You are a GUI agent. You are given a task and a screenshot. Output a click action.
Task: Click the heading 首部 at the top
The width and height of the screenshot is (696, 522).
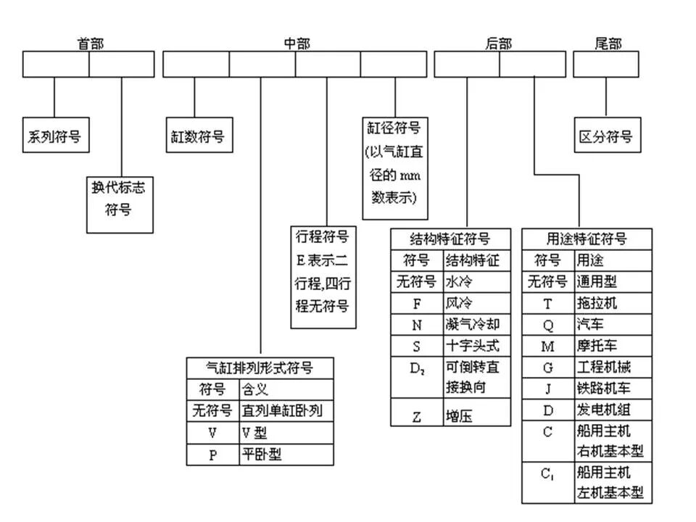[90, 43]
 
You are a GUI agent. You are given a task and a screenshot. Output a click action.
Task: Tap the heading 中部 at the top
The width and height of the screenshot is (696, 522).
[297, 43]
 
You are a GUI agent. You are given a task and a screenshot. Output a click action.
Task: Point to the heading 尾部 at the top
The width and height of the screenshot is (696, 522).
[608, 43]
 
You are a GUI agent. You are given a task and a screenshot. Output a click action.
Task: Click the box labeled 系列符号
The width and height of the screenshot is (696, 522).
[55, 136]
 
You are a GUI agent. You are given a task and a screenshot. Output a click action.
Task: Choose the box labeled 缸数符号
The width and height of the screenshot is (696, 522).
[198, 136]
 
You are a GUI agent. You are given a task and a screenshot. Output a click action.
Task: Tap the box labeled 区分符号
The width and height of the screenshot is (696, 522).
[606, 136]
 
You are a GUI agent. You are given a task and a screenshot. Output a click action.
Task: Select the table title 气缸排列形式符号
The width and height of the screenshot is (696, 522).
[260, 368]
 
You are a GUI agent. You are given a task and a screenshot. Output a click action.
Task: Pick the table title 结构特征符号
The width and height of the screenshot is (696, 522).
[449, 239]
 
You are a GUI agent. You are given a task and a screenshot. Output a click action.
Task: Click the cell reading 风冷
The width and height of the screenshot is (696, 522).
[455, 303]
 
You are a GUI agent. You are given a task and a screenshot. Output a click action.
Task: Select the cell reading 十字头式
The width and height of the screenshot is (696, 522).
[472, 345]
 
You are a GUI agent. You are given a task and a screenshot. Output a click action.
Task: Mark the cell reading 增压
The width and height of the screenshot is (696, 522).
[456, 416]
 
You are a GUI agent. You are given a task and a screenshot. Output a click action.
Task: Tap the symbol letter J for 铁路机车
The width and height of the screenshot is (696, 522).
[547, 389]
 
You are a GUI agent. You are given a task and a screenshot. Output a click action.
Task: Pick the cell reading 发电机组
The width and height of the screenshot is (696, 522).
[602, 410]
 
